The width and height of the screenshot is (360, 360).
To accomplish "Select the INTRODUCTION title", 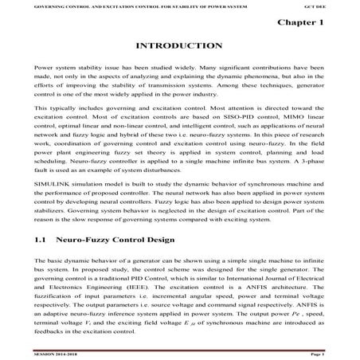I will point(179,46).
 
